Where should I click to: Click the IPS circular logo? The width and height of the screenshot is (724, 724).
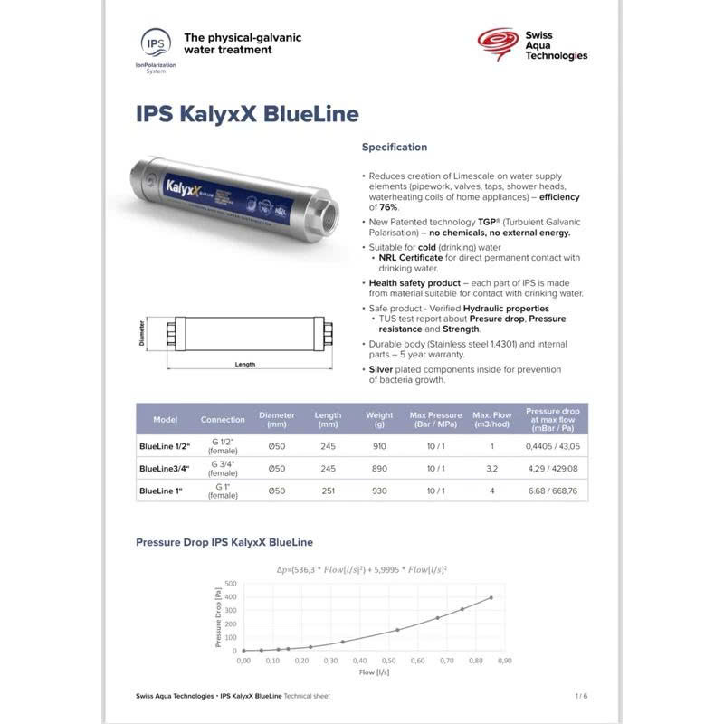tap(155, 42)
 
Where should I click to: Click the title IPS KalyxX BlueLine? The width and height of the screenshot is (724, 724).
tap(247, 114)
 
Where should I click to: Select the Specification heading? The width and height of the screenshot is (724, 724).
tap(395, 147)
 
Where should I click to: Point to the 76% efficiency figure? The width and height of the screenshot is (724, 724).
tap(384, 207)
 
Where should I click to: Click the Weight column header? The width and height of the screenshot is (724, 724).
tap(379, 419)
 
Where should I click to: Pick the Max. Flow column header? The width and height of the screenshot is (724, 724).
tap(492, 419)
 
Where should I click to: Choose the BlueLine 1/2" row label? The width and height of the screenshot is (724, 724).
tap(163, 446)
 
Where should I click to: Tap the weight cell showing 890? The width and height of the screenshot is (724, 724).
tap(379, 469)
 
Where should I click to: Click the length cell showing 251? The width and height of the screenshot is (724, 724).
tap(329, 491)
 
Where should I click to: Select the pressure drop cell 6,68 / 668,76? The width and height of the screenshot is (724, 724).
tap(552, 491)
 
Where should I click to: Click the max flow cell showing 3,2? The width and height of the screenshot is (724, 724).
tap(492, 469)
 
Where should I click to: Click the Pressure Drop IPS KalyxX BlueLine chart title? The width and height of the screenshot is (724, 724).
tap(224, 542)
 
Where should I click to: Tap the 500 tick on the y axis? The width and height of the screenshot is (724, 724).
tap(231, 583)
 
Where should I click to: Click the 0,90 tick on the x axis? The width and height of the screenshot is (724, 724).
tap(504, 661)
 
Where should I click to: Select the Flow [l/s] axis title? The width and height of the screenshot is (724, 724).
tap(374, 672)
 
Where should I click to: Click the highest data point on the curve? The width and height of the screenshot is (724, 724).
tap(491, 597)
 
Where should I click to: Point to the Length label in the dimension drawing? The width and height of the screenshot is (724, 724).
tap(244, 365)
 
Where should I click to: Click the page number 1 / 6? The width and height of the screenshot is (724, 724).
tap(581, 696)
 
